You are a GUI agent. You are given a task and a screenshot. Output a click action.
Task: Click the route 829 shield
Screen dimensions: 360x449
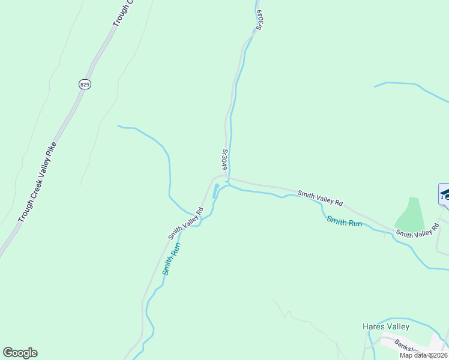click(x=85, y=85)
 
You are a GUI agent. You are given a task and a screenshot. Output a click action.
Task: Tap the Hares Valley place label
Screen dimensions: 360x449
click(x=386, y=327)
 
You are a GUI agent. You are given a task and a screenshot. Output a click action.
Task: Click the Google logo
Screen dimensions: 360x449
click(x=20, y=353)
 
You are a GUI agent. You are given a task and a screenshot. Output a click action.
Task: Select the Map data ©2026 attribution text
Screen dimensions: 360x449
click(x=423, y=355)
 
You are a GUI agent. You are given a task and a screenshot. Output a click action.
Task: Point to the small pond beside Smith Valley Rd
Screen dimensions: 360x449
click(x=215, y=191)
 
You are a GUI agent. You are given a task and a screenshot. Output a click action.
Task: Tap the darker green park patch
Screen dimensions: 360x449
click(x=409, y=215)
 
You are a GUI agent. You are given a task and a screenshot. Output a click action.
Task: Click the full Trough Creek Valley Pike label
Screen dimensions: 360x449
click(x=37, y=182)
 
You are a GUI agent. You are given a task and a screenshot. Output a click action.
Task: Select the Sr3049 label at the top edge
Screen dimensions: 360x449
click(x=259, y=19)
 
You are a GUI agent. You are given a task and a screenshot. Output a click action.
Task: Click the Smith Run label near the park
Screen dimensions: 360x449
click(x=345, y=221)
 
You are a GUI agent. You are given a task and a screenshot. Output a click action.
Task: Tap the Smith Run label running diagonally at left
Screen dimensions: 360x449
click(x=171, y=259)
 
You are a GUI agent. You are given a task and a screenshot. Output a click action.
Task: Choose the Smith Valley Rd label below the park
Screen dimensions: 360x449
click(x=418, y=229)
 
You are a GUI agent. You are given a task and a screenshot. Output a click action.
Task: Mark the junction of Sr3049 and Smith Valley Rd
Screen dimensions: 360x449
click(x=228, y=177)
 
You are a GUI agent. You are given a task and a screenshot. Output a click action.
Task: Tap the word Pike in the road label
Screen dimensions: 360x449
click(x=52, y=151)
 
